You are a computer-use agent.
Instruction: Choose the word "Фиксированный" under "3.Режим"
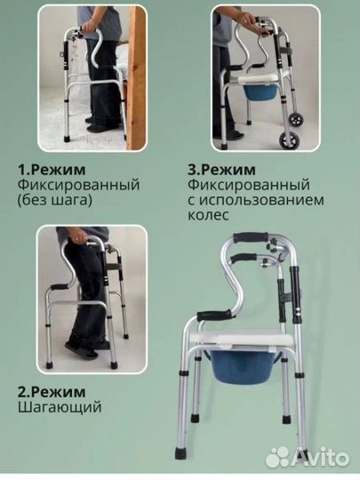[250, 183]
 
